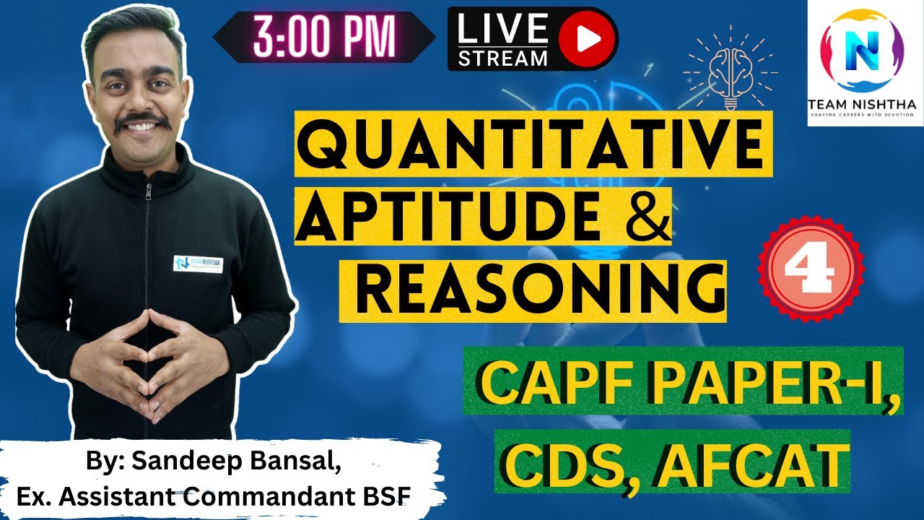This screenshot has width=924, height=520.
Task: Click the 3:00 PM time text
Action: tap(323, 36)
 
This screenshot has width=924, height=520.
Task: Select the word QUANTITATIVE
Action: tap(531, 143)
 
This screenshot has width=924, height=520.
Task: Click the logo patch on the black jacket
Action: tap(198, 263)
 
